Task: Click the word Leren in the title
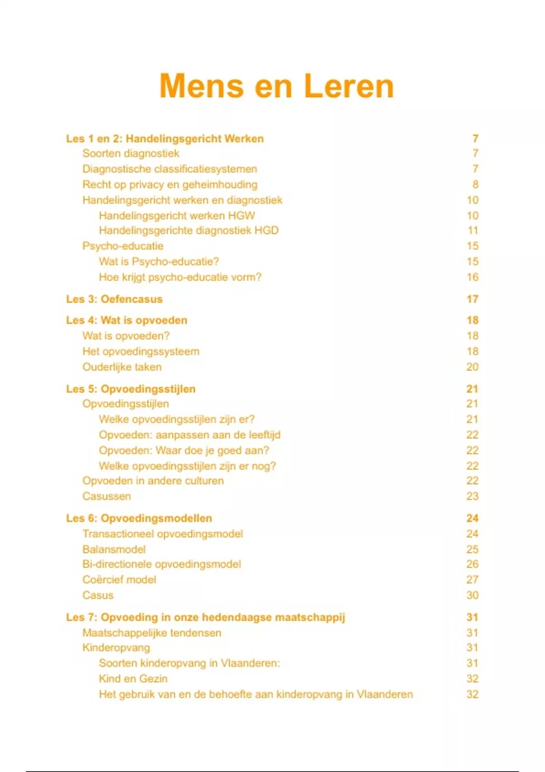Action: point(348,86)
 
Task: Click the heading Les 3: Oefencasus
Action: point(114,299)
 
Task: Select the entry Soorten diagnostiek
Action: point(131,153)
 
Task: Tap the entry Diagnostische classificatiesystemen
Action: point(169,169)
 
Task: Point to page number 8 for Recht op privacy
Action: point(475,184)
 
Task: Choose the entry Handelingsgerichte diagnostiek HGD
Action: point(188,231)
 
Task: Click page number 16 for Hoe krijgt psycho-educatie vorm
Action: point(472,277)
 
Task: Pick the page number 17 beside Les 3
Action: point(472,299)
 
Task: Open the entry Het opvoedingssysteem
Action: point(141,351)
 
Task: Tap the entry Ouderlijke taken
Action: point(122,367)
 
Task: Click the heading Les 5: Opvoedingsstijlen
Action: point(131,389)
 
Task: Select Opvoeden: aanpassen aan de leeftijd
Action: point(189,435)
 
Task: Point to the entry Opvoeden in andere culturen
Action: point(153,481)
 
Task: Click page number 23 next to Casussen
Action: point(472,496)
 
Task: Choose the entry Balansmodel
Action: point(114,549)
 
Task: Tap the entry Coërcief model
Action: point(119,580)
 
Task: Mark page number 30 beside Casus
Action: point(472,595)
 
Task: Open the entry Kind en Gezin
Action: point(133,679)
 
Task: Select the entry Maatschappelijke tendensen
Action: point(152,633)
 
